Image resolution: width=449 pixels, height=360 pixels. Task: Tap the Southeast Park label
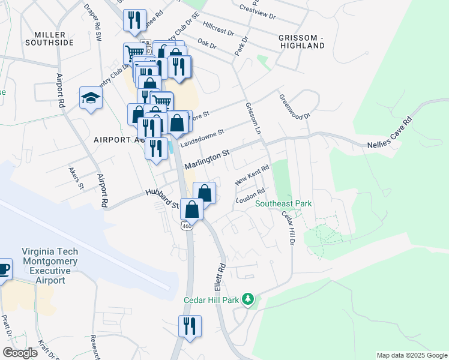283,204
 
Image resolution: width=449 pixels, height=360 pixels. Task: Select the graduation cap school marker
91,98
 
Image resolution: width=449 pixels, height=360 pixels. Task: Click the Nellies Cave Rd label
390,134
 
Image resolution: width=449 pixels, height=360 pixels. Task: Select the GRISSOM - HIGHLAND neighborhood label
301,41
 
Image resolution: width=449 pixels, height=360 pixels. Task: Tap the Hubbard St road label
162,199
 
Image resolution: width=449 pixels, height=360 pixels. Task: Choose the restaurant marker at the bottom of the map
190,326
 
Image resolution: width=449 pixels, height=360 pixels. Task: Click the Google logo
20,353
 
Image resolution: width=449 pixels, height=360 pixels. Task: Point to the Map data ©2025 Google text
411,355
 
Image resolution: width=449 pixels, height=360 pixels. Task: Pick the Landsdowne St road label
203,136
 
